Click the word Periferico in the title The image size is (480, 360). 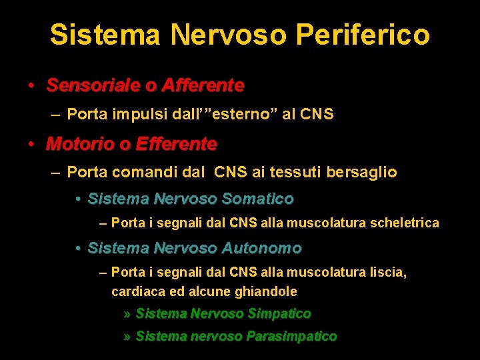(375, 35)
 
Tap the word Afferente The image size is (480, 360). (203, 86)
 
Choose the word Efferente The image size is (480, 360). (176, 144)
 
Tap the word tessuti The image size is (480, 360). (296, 173)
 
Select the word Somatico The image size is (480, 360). (257, 199)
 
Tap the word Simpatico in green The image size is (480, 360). (279, 313)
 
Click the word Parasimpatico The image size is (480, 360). (291, 337)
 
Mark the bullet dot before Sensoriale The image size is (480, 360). (31, 86)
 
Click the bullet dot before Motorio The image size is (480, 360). (31, 144)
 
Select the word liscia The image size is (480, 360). (387, 272)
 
